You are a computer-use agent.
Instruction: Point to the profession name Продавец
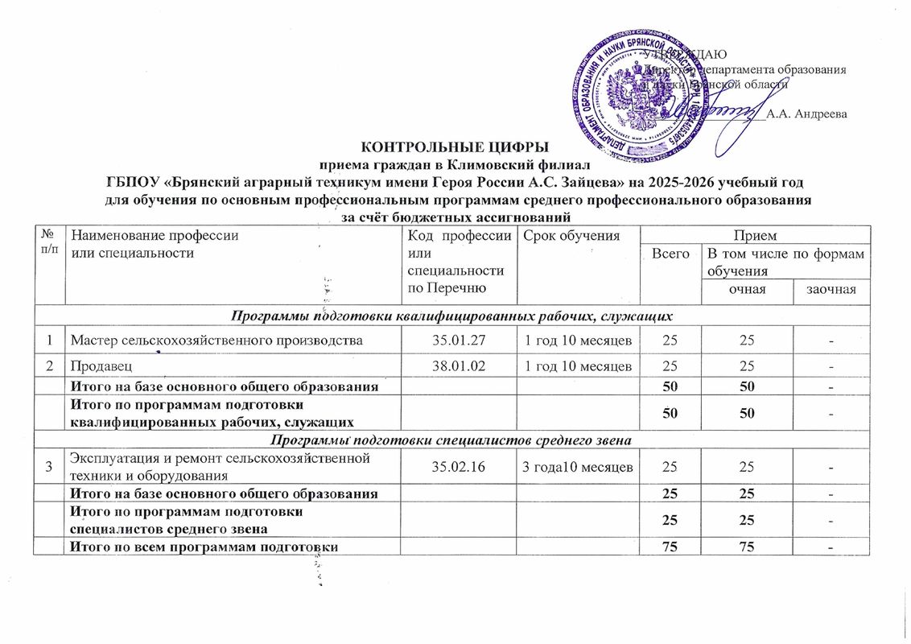click(x=96, y=366)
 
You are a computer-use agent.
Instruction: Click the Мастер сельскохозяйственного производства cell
click(x=216, y=341)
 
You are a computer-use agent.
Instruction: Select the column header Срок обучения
click(x=571, y=236)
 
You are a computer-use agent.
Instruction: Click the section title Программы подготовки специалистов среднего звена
click(x=455, y=439)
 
